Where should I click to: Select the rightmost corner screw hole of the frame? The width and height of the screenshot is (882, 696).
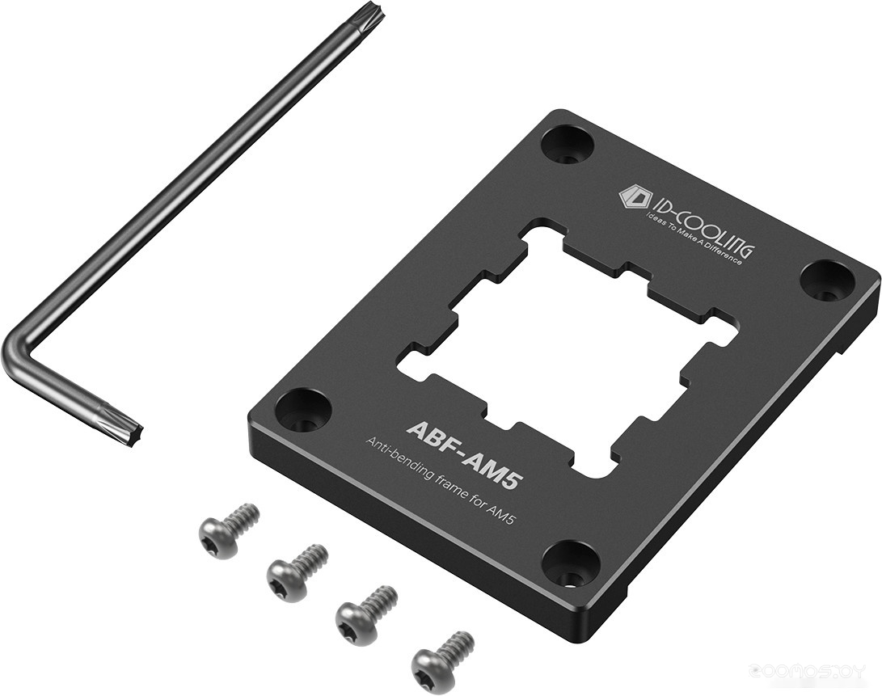(825, 279)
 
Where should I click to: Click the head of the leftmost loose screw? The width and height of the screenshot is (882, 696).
(217, 537)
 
